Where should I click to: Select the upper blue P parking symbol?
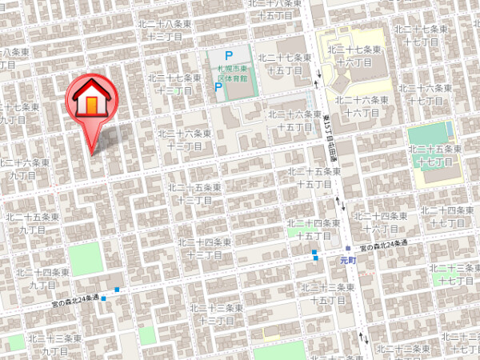[228, 56]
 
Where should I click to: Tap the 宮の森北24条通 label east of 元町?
[383, 244]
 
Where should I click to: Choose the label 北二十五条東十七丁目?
[435, 154]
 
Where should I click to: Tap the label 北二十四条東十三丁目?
[205, 247]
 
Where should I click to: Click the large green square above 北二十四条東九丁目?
[86, 258]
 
